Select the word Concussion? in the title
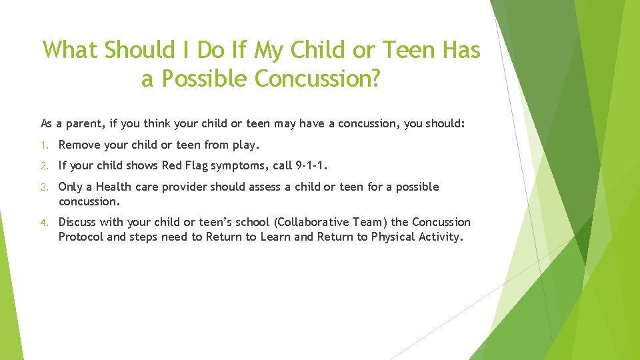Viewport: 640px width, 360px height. click(317, 79)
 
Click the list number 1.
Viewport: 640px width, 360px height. click(44, 145)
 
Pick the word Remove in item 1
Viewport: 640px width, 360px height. click(80, 145)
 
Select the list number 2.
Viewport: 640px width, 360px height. click(44, 166)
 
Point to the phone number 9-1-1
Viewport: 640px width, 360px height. click(311, 166)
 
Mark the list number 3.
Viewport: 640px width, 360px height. click(44, 187)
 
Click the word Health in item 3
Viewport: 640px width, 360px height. click(113, 187)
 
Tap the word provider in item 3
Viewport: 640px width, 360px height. click(183, 187)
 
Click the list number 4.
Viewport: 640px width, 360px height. click(44, 222)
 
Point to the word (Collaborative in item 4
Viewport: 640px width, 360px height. click(310, 222)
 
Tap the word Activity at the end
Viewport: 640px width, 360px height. click(437, 237)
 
